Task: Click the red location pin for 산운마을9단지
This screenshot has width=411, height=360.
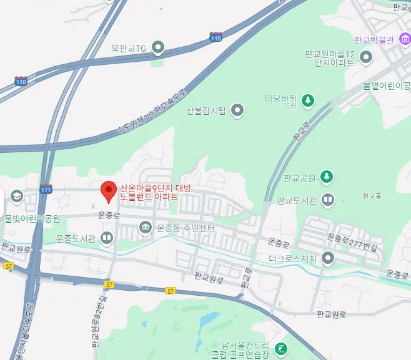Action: click(109, 191)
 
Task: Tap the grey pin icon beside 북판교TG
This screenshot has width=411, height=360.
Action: click(158, 47)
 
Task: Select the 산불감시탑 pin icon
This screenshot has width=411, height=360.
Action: click(237, 111)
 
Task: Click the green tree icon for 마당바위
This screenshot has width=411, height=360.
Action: click(307, 99)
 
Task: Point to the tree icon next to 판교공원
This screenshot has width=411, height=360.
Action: click(325, 177)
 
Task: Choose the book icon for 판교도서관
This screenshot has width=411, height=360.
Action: click(328, 200)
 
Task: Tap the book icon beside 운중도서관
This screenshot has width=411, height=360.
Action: click(107, 238)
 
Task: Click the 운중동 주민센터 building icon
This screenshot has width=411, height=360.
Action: click(146, 227)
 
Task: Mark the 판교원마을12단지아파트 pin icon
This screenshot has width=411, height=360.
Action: click(366, 58)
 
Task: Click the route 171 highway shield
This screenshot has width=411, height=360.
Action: click(46, 188)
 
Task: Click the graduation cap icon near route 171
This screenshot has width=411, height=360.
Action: click(16, 197)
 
